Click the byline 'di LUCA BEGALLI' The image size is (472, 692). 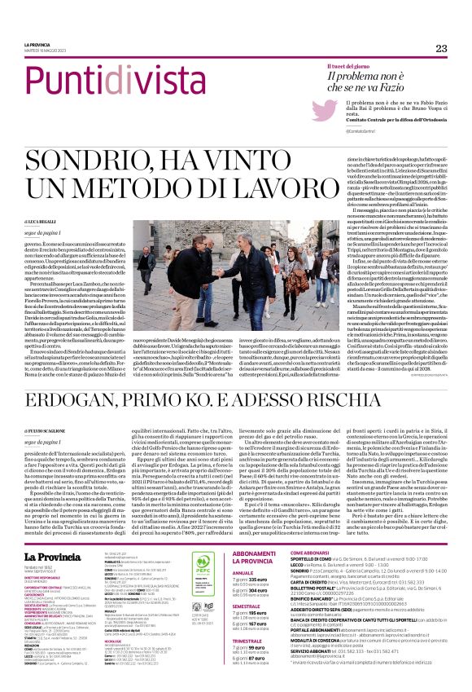pyautogui.click(x=40, y=222)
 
